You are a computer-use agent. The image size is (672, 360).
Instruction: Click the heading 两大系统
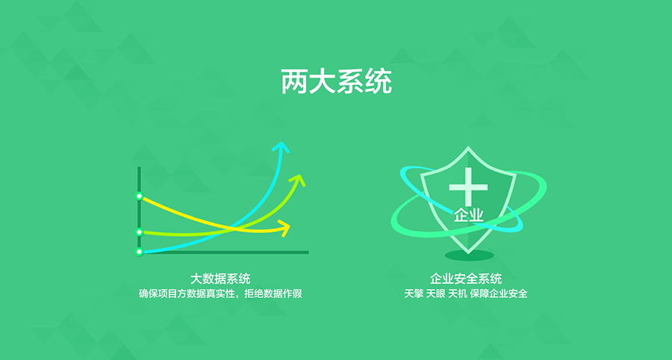[337, 81]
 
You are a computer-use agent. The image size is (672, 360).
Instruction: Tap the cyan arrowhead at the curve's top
[281, 147]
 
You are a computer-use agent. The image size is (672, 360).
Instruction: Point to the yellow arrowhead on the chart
[284, 228]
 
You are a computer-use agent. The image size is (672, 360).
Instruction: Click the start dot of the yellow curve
[139, 196]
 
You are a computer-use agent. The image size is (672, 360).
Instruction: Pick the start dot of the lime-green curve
[139, 232]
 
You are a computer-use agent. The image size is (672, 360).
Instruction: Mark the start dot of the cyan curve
[139, 252]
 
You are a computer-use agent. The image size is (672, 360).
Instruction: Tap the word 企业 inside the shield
[468, 216]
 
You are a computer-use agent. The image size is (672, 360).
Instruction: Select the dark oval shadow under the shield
[470, 255]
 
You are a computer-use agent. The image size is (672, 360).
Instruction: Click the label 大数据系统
[220, 279]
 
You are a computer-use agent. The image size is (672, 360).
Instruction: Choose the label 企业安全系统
[466, 279]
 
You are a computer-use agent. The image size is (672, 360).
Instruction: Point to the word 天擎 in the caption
[414, 294]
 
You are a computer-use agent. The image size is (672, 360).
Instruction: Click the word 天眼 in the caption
[435, 294]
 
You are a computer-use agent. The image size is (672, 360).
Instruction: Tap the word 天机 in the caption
[457, 294]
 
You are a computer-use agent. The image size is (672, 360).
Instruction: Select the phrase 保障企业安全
[499, 294]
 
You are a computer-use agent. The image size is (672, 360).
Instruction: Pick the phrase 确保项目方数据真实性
[187, 294]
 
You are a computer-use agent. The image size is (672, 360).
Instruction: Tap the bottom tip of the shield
[468, 253]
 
